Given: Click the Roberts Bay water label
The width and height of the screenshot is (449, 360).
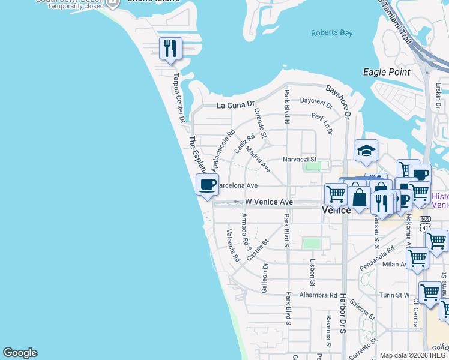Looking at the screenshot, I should tap(331, 33).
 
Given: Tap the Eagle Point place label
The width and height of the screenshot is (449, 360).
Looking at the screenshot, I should tap(387, 72).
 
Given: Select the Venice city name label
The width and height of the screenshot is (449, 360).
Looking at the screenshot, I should tap(336, 211).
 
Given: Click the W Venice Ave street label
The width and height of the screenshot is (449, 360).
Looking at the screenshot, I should tap(268, 202).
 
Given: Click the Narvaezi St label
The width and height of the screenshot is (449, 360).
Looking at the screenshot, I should tap(299, 160).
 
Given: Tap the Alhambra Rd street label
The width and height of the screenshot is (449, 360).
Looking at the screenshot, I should tap(319, 295).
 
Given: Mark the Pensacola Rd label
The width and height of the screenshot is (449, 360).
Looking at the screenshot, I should tap(376, 257).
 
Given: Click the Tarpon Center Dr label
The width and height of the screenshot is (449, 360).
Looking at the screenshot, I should tap(178, 98).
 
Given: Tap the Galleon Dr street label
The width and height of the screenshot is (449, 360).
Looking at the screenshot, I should tap(264, 278).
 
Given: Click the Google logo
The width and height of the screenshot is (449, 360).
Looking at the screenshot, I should tap(20, 353).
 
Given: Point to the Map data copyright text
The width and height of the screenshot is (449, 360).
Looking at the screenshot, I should tap(414, 355).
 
